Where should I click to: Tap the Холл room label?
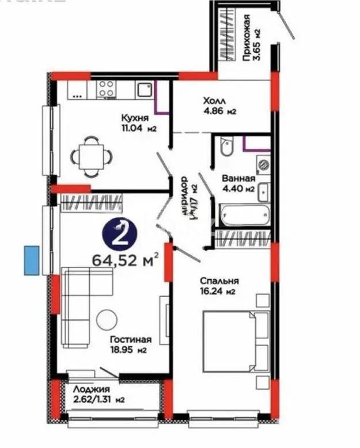click(x=214, y=99)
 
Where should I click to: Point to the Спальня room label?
click(x=219, y=281)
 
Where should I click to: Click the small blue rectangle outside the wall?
click(x=32, y=260)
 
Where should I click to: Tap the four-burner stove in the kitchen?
click(x=105, y=89)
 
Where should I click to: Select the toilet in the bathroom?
click(x=226, y=147)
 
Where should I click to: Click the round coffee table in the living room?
click(x=107, y=320)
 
